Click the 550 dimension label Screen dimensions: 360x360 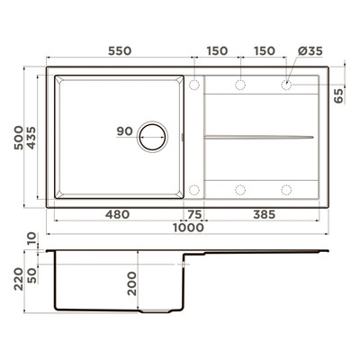click(120, 51)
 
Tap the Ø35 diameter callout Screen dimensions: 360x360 click(310, 51)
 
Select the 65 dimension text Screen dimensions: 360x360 click(339, 96)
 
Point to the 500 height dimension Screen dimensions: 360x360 click(19, 138)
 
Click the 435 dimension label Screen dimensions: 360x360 click(31, 138)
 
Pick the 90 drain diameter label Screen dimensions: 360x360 click(124, 131)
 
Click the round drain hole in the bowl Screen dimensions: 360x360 click(153, 137)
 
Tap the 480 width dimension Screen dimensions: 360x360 click(117, 214)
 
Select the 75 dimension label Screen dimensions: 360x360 click(194, 214)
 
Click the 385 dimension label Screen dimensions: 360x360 click(264, 214)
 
